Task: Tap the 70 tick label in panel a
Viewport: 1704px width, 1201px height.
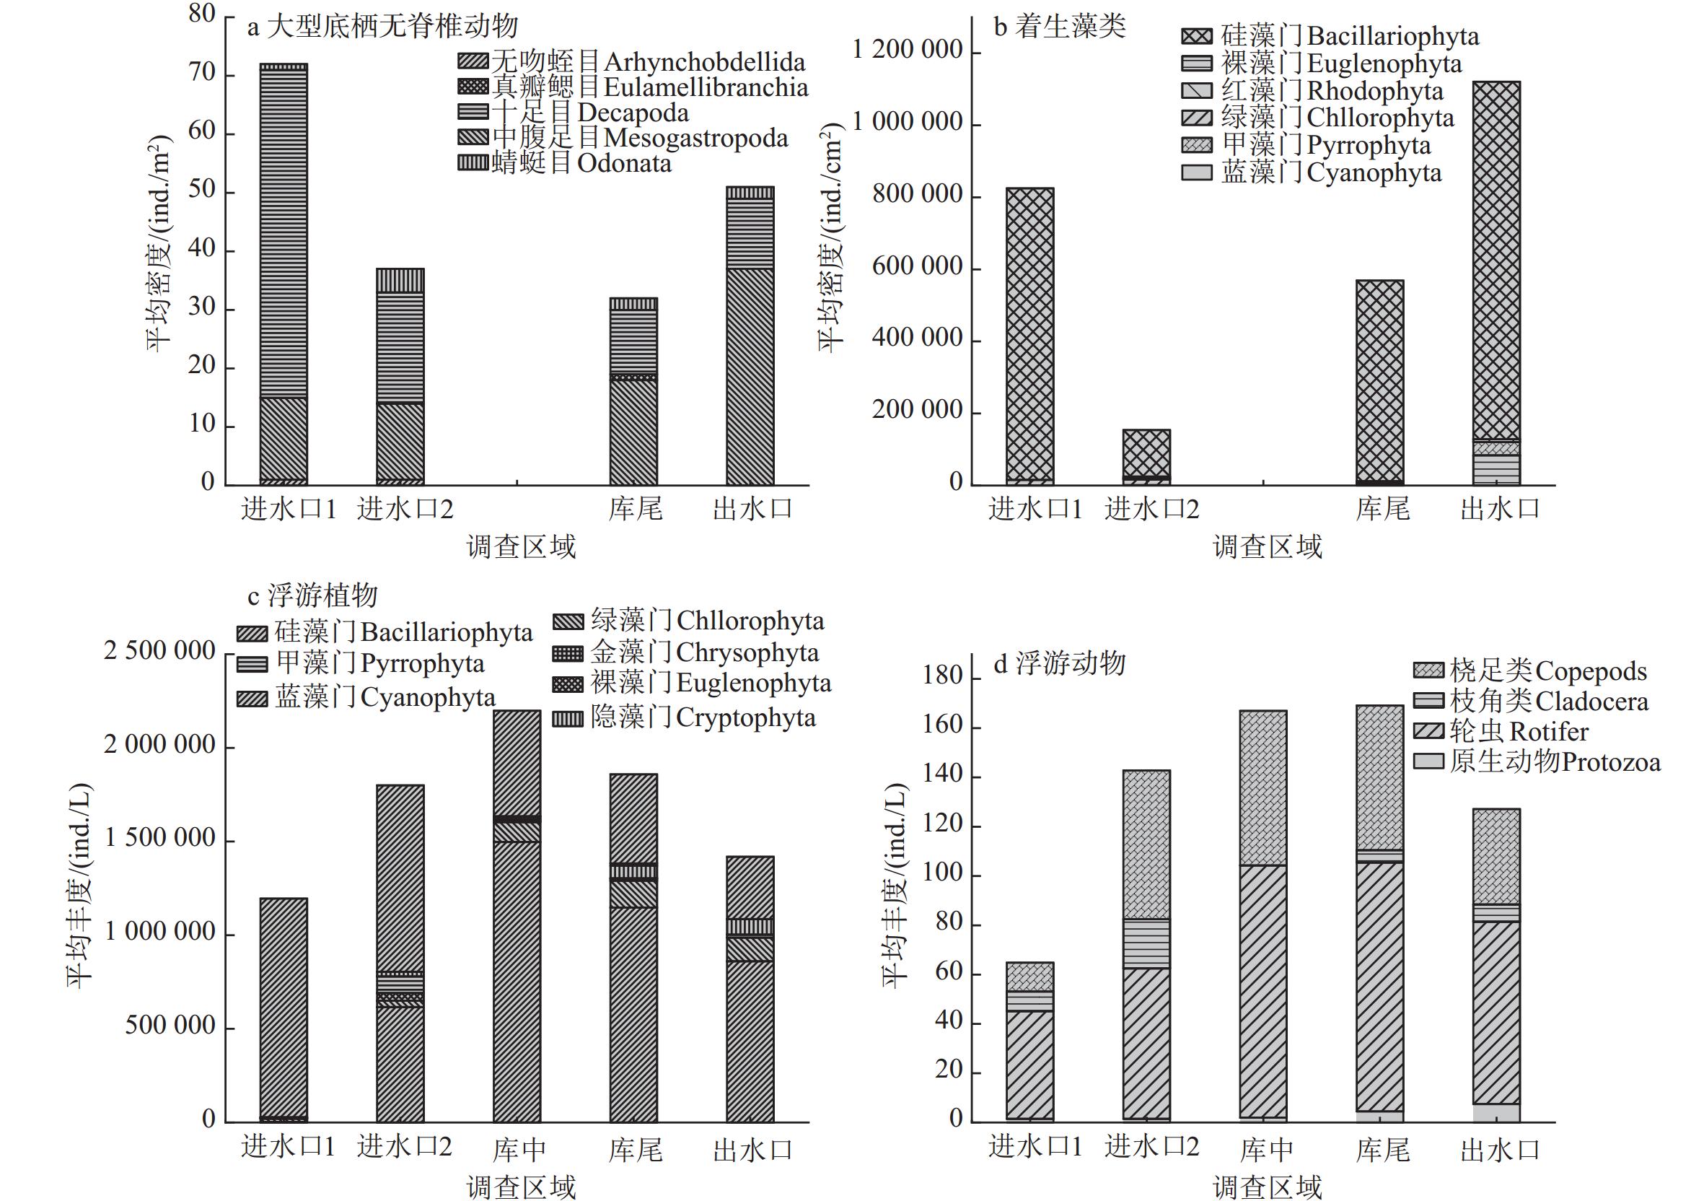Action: pyautogui.click(x=201, y=73)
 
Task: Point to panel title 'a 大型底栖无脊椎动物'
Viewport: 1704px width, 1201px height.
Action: pyautogui.click(x=382, y=27)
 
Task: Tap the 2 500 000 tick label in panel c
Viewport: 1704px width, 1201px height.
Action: pyautogui.click(x=159, y=651)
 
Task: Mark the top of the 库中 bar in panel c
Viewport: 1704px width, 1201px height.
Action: pyautogui.click(x=517, y=711)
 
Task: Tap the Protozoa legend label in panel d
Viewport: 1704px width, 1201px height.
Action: pyautogui.click(x=1555, y=762)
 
